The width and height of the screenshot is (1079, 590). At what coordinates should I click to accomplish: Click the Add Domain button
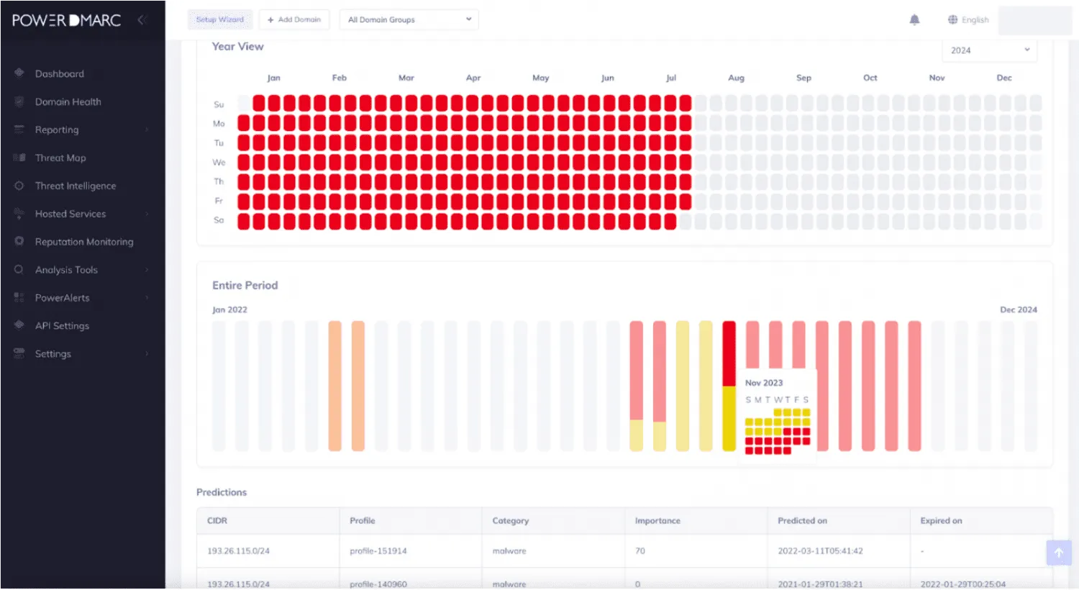click(294, 19)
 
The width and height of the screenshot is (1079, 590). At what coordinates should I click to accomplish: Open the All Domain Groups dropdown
click(409, 19)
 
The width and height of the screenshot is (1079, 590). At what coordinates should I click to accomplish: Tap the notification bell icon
click(914, 19)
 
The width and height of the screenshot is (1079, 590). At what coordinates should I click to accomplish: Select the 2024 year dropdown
click(989, 50)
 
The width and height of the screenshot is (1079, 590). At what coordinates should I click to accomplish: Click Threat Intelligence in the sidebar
click(75, 186)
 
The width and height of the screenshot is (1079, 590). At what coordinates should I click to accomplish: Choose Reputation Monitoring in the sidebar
click(83, 242)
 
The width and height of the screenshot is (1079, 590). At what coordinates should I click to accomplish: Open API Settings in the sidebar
click(62, 326)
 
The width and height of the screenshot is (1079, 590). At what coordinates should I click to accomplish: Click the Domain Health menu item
click(68, 102)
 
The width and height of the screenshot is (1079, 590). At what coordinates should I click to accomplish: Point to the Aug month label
click(736, 78)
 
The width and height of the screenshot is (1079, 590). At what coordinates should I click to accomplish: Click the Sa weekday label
click(219, 220)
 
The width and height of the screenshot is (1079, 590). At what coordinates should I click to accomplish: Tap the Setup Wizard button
click(220, 19)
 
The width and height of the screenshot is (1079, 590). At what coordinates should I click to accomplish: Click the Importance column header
click(657, 521)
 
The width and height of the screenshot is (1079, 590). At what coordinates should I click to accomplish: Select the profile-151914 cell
click(378, 551)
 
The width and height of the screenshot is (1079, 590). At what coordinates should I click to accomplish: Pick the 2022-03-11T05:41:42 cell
click(820, 551)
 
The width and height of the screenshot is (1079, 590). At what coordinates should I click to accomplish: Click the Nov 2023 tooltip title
click(764, 383)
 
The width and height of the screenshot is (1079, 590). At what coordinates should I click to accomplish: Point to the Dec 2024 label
click(1018, 310)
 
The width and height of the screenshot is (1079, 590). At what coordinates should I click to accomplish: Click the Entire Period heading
click(245, 286)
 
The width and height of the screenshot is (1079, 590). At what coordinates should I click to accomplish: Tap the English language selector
click(968, 19)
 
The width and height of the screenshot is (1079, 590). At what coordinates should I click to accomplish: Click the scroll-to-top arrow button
click(1058, 553)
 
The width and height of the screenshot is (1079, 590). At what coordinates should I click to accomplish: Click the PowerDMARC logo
click(66, 20)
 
